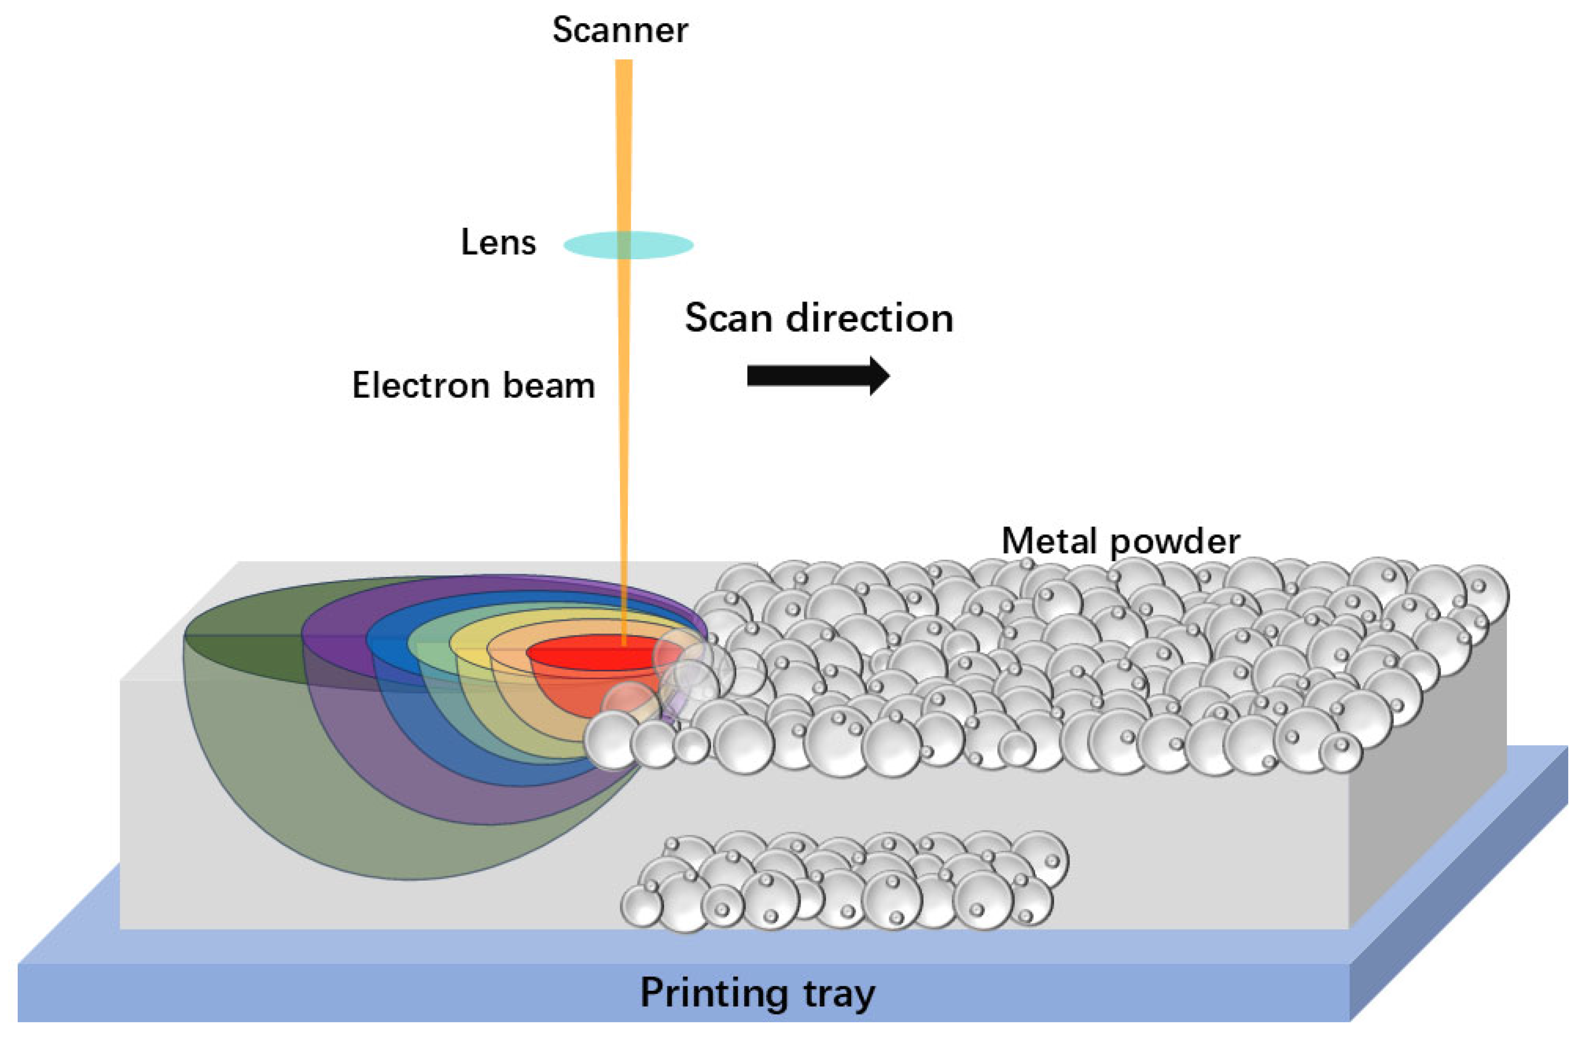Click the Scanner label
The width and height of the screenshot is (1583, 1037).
pyautogui.click(x=620, y=30)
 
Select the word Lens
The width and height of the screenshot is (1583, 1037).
pyautogui.click(x=498, y=242)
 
